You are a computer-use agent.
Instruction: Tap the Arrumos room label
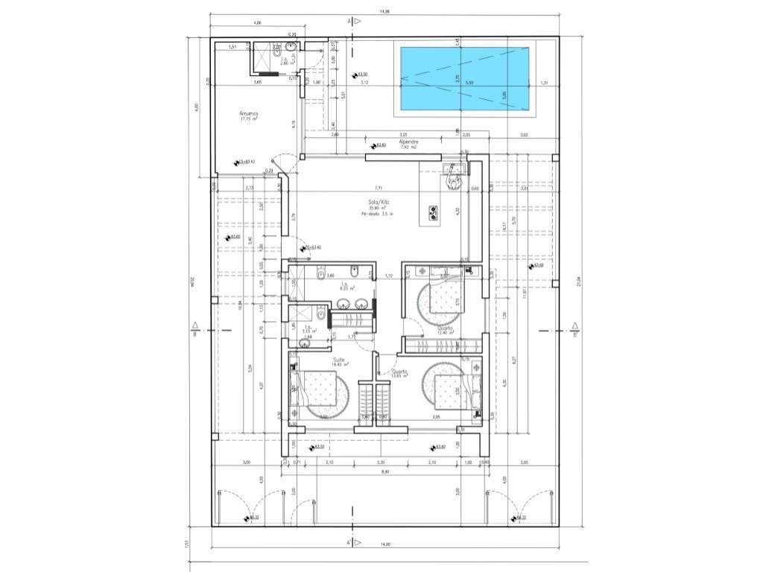coord(249,114)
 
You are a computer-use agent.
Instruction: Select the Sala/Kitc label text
coord(379,203)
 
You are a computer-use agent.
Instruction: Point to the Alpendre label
coord(408,142)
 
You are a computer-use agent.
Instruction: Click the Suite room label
coord(326,360)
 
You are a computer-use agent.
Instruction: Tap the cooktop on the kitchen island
coord(433,213)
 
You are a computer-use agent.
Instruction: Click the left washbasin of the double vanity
coord(343,304)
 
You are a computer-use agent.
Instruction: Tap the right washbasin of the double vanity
coord(361,304)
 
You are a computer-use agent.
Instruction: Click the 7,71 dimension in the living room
coord(379,188)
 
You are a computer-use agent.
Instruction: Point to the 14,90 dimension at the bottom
coord(385,545)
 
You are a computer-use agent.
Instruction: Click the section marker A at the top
coord(349,22)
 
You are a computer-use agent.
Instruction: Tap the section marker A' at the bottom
coord(349,541)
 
